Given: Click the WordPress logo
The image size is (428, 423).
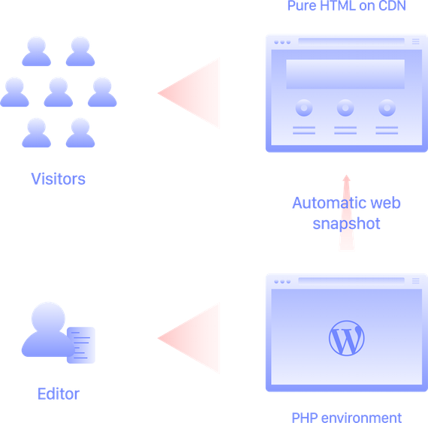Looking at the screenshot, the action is pos(346,338).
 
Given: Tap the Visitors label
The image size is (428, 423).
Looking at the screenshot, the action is pos(58,179).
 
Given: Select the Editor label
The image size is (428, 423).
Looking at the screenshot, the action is pos(59,394).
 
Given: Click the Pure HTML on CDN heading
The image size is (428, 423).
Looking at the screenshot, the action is pos(347,5).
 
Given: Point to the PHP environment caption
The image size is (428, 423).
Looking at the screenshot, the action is pos(347,418).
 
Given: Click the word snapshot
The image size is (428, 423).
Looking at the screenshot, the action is pos(346,224).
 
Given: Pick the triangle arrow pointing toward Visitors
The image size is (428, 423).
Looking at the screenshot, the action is pos(188,93).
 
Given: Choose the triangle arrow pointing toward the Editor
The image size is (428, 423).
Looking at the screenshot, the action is pos(188,338).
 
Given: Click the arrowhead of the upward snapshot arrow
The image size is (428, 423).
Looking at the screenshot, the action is pos(347,178).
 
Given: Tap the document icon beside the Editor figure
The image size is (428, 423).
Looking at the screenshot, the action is pos(81,345).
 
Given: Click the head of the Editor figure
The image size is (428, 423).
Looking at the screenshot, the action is pos(48,318).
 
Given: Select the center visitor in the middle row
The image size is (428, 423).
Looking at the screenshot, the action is pos(58,92).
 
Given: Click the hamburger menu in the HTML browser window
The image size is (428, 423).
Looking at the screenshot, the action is pos(416,41).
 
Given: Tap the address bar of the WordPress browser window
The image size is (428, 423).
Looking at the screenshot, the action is pos(351,280).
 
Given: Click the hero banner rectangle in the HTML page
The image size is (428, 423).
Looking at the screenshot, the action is pos(345,74).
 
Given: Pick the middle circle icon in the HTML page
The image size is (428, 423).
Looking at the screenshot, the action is pos(345,108).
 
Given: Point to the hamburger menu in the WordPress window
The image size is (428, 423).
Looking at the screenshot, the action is pos(416,281).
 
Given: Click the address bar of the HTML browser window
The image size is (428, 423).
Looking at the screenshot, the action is pos(351,41).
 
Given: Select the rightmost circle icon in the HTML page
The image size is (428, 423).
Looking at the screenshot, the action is pos(387,108).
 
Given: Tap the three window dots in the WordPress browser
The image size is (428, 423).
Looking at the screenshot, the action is pos(282,282).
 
